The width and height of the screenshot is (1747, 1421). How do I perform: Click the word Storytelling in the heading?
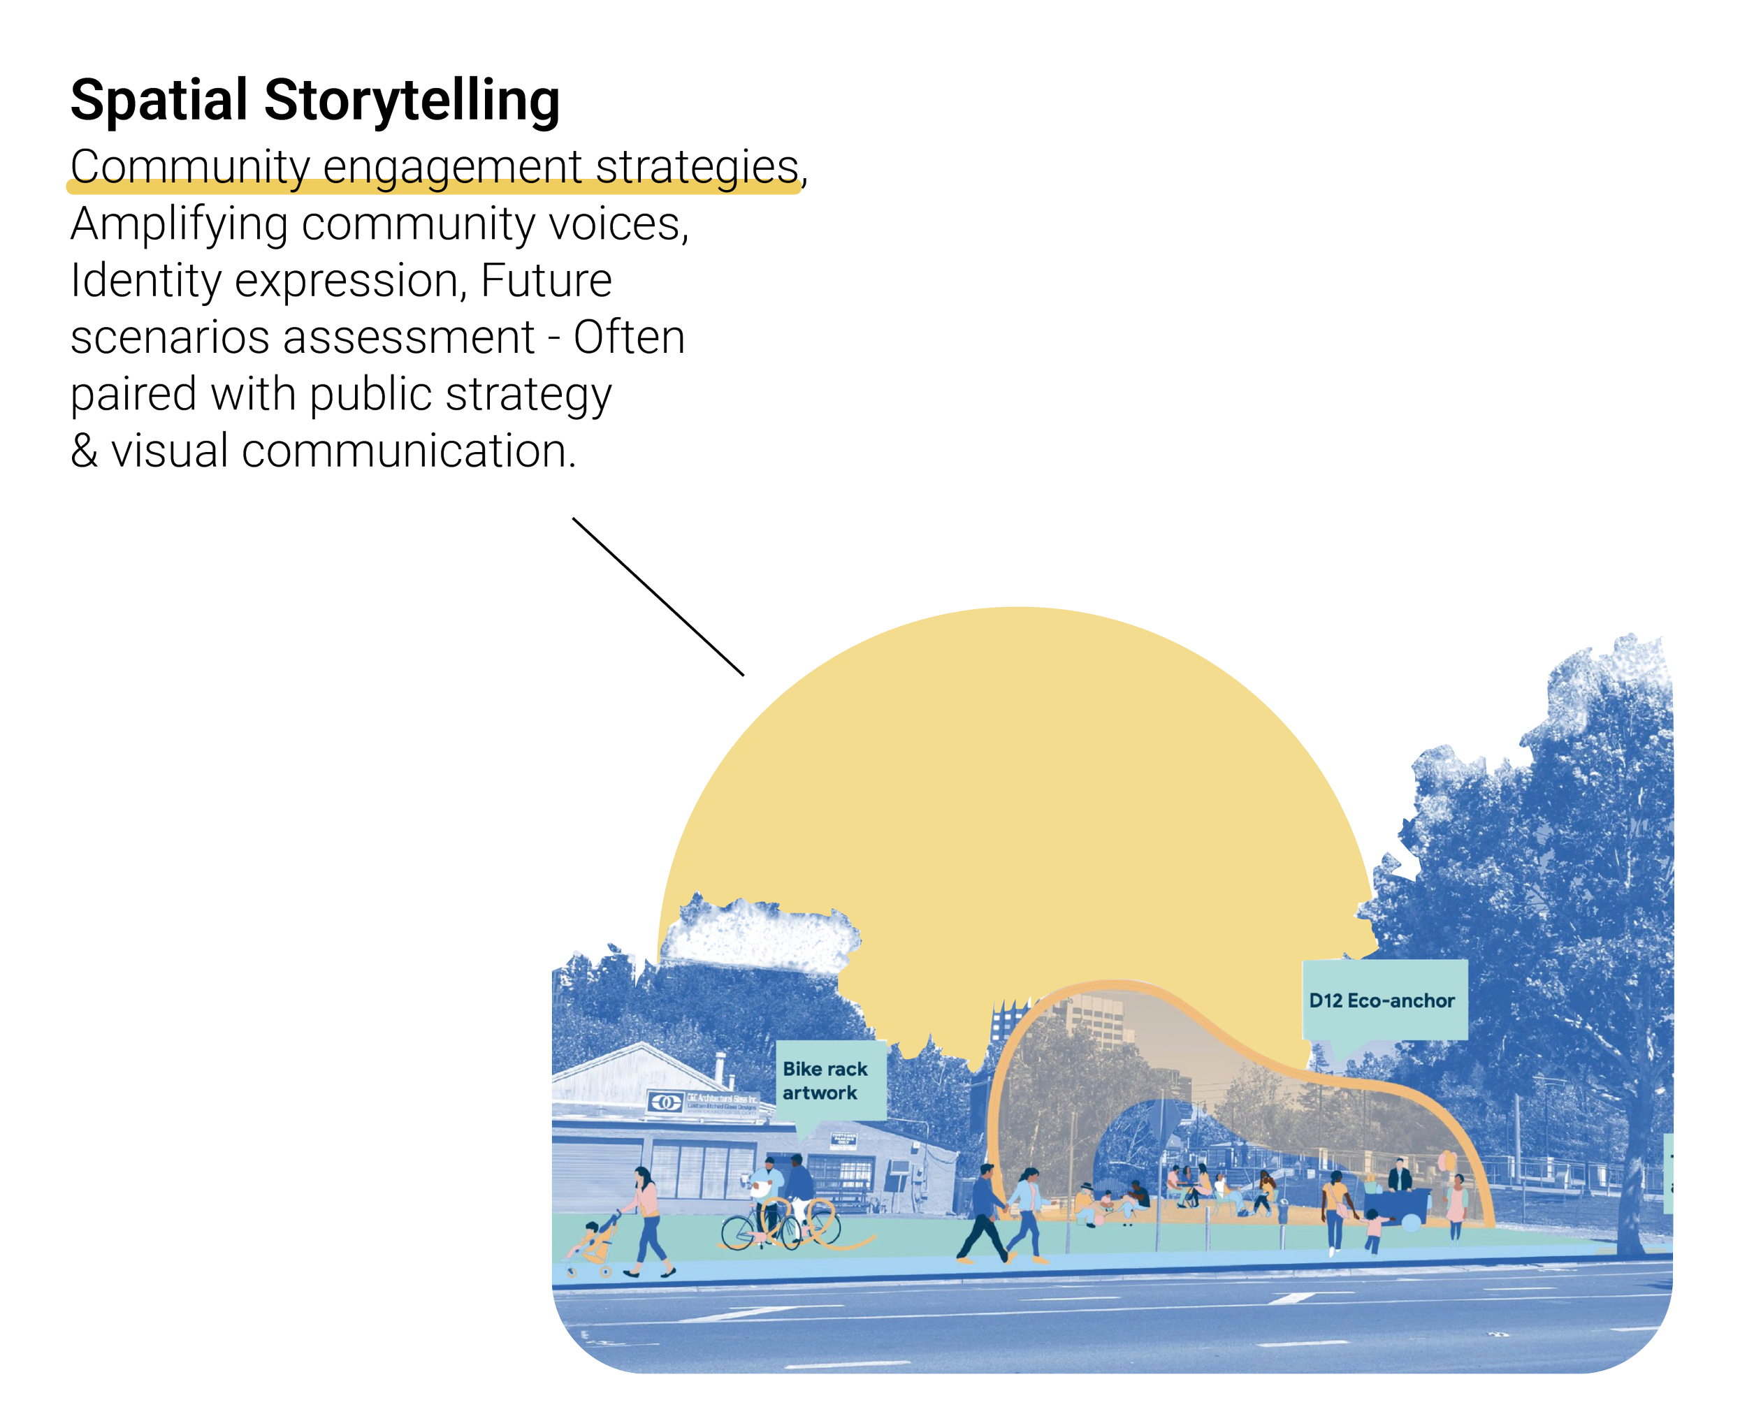412,101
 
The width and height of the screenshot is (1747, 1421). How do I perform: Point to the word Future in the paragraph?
546,282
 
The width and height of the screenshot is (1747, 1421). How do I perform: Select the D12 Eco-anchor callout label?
1384,1000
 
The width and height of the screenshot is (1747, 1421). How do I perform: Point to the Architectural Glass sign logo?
665,1102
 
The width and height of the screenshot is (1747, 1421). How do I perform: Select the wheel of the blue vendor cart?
1414,1223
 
